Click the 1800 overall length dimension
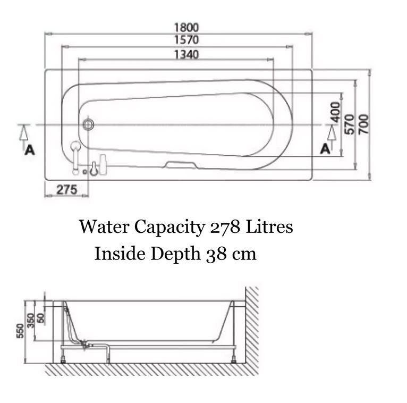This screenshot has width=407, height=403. pos(186,27)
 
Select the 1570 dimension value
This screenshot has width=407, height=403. pos(186,40)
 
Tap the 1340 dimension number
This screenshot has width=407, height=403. pos(186,55)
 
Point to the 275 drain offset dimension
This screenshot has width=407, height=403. pos(67,190)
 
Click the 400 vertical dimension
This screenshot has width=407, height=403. pos(335,112)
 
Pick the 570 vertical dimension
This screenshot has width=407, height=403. pos(350,124)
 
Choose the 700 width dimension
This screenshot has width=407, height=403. pos(363,124)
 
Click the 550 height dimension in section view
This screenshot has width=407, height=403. pos(20,331)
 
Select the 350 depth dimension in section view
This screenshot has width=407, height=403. pos(31,321)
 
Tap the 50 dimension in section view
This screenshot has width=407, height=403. pos(40,318)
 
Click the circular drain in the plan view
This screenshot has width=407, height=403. pos(88,124)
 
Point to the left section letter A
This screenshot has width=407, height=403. pos(30,150)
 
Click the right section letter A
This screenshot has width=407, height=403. pos(325,149)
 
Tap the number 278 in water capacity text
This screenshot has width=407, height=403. pos(225,226)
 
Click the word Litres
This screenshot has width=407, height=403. pos(269,226)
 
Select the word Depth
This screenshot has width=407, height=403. pos(176,254)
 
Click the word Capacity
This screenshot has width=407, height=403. pos(169,227)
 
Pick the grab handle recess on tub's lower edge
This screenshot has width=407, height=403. pos(181,165)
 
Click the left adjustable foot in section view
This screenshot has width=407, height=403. pos(63,360)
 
